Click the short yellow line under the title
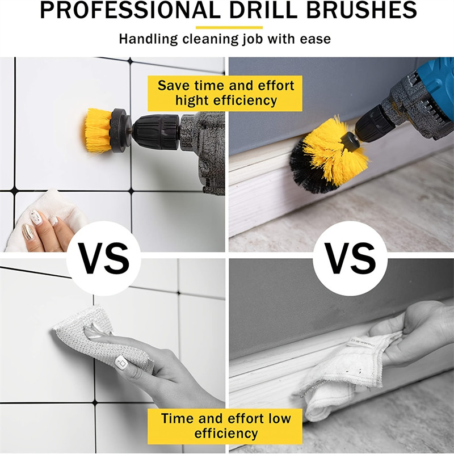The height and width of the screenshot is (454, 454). tap(229, 27)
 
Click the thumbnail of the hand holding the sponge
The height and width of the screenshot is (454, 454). tap(121, 361)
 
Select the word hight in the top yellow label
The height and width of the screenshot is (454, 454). tap(193, 101)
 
